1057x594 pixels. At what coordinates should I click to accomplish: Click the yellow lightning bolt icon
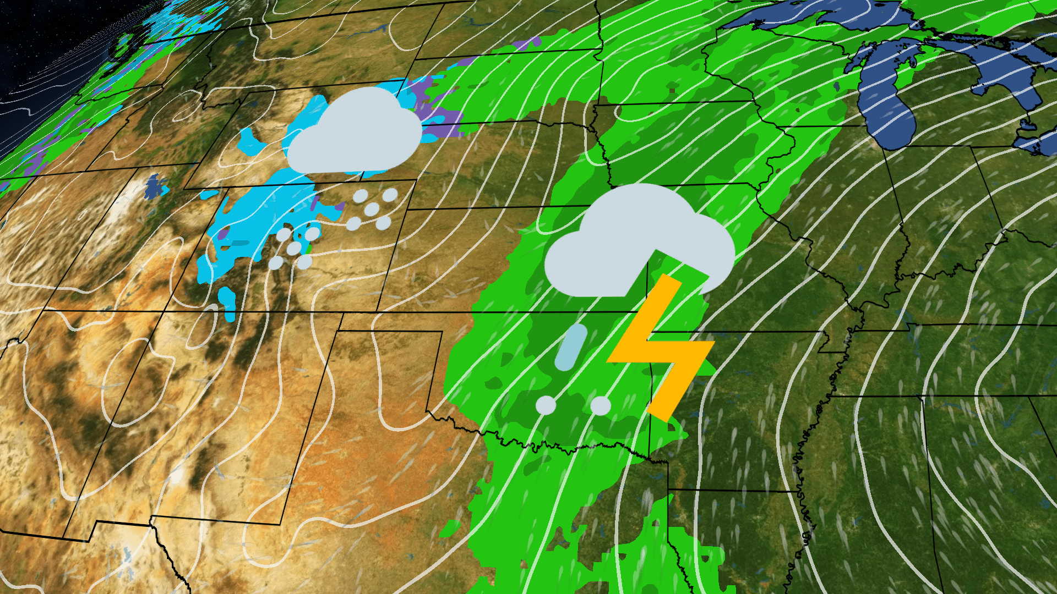(x=661, y=346)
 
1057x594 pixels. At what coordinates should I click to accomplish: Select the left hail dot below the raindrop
(x=546, y=405)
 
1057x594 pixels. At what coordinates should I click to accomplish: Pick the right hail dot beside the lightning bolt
(x=600, y=406)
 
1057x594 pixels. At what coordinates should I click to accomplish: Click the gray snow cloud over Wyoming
(x=355, y=135)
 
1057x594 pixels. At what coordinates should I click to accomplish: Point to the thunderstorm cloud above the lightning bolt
(x=639, y=242)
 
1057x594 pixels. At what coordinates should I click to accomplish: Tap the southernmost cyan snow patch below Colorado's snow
(x=227, y=302)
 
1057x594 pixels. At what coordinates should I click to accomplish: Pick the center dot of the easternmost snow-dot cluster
(x=372, y=210)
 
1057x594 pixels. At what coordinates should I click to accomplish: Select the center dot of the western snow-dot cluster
(x=294, y=249)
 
